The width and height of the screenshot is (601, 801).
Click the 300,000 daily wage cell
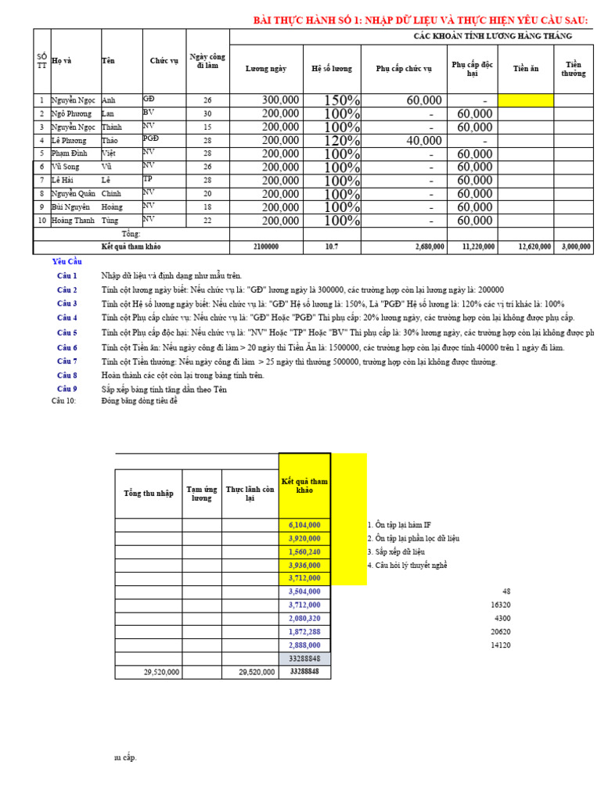pyautogui.click(x=280, y=100)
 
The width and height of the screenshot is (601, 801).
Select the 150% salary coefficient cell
pyautogui.click(x=342, y=100)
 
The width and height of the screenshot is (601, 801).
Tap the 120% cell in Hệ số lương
pyautogui.click(x=342, y=141)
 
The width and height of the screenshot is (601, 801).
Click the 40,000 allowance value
pyautogui.click(x=424, y=141)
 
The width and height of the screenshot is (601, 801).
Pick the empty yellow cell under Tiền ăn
pyautogui.click(x=526, y=100)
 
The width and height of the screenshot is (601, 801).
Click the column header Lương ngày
pyautogui.click(x=266, y=69)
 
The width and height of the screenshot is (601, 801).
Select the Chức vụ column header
pyautogui.click(x=164, y=61)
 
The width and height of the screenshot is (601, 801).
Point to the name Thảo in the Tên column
pyautogui.click(x=110, y=140)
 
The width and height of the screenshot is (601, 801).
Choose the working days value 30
pyautogui.click(x=207, y=113)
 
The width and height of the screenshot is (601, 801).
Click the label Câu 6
pyautogui.click(x=67, y=347)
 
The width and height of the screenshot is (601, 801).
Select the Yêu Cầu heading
pyautogui.click(x=67, y=261)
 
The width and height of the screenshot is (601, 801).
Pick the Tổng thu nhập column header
pyautogui.click(x=149, y=493)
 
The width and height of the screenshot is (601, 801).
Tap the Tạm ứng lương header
pyautogui.click(x=202, y=493)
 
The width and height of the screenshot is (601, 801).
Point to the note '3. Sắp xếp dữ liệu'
pyautogui.click(x=401, y=551)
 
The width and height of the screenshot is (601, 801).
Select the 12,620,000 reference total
pyautogui.click(x=534, y=247)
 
